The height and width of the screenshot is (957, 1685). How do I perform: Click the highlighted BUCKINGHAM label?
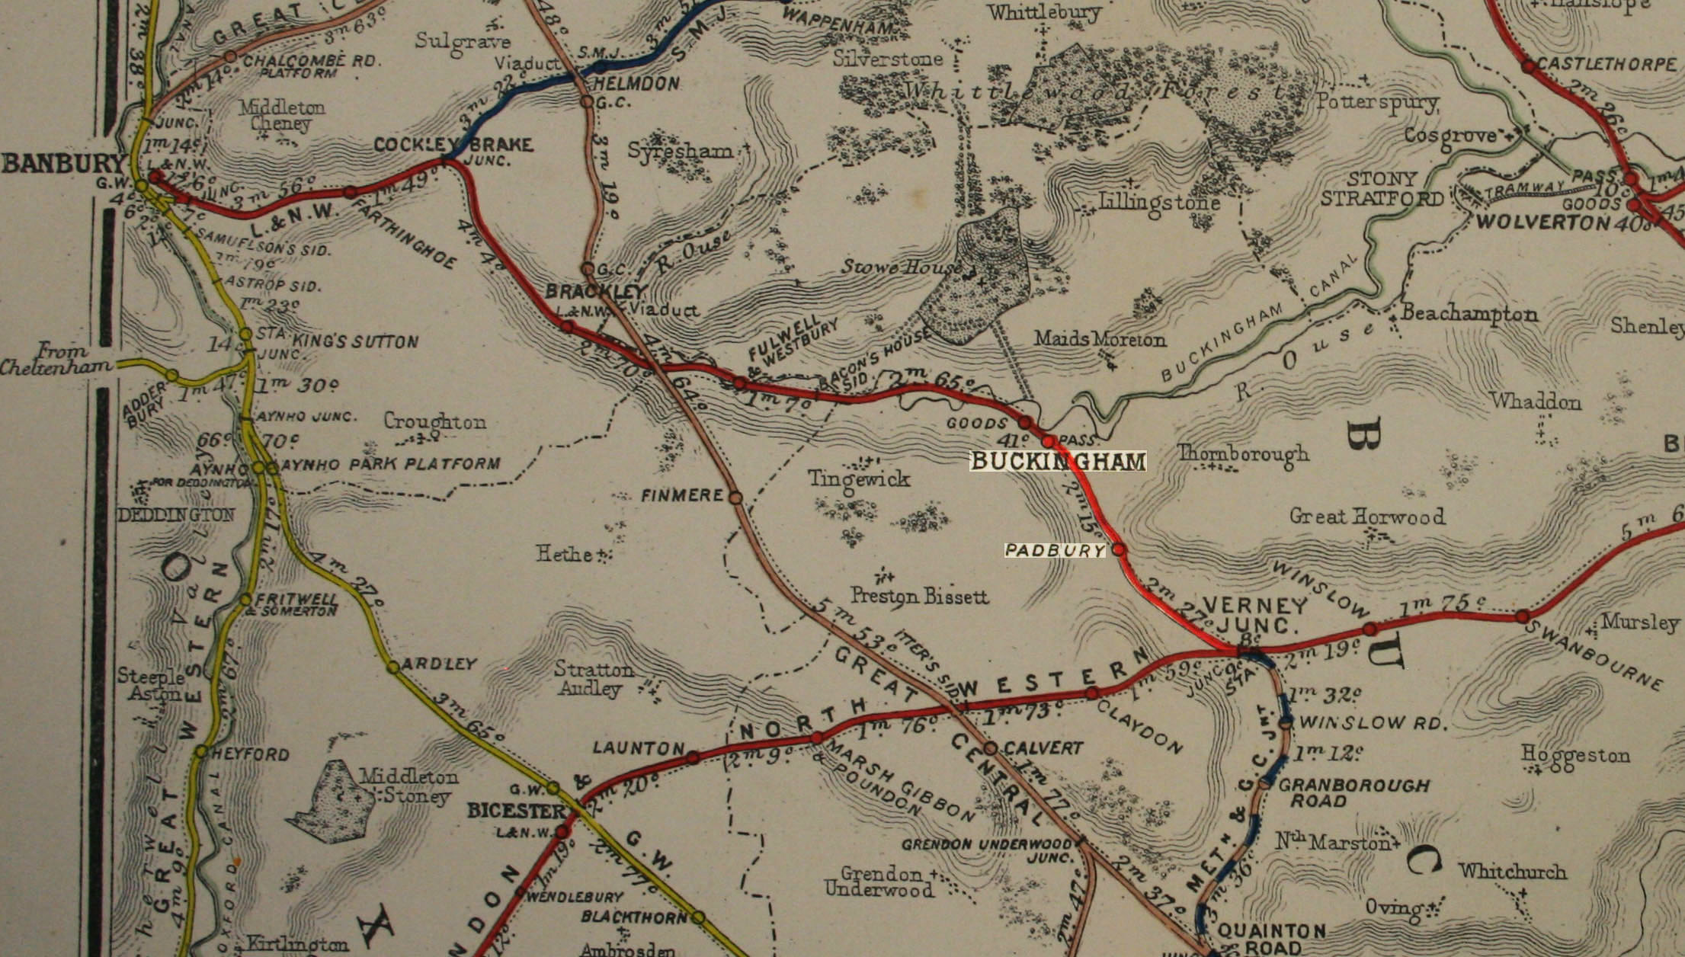1058,461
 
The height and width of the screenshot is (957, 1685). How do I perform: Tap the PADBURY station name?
1055,550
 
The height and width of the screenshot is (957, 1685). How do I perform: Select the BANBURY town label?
62,163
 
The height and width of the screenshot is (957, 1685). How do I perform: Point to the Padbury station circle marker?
1119,549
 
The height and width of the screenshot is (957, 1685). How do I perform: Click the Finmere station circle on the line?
735,498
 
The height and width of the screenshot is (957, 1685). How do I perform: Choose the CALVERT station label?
1043,748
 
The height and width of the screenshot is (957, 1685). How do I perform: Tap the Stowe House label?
901,267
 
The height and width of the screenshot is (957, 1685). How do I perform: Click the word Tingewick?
859,478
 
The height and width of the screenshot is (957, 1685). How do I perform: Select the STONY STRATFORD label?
1381,189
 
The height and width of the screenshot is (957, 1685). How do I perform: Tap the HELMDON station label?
634,84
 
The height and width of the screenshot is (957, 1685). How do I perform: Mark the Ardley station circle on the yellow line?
393,667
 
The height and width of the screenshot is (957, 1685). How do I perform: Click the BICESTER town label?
516,810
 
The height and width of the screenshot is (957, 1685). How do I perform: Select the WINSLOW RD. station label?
1372,722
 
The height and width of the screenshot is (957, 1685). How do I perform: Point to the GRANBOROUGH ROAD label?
1353,792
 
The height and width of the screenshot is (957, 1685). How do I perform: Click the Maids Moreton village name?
1100,339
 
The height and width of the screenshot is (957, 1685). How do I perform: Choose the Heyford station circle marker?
200,752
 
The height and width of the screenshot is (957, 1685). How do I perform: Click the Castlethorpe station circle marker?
1529,67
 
